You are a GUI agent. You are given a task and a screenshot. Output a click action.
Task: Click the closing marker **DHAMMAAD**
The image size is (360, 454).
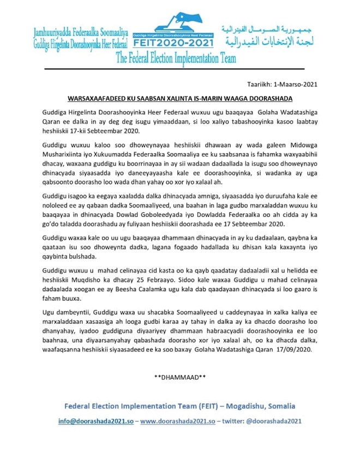(179, 376)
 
